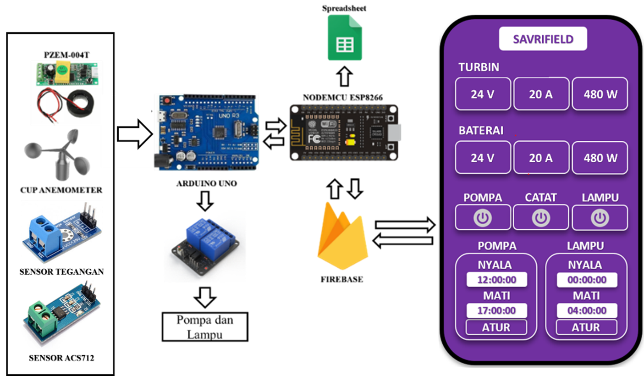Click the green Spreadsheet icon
pos(345,38)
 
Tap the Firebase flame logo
pos(341,237)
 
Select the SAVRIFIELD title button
pos(543,39)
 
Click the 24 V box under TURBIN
pos(483,94)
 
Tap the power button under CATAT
pos(541,218)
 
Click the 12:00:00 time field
pos(496,280)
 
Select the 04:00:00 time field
pos(586,310)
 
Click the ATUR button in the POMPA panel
pos(496,327)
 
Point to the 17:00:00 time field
pos(496,310)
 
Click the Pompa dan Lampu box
pos(205,326)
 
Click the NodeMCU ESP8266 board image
pos(343,133)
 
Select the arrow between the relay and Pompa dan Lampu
pos(205,298)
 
